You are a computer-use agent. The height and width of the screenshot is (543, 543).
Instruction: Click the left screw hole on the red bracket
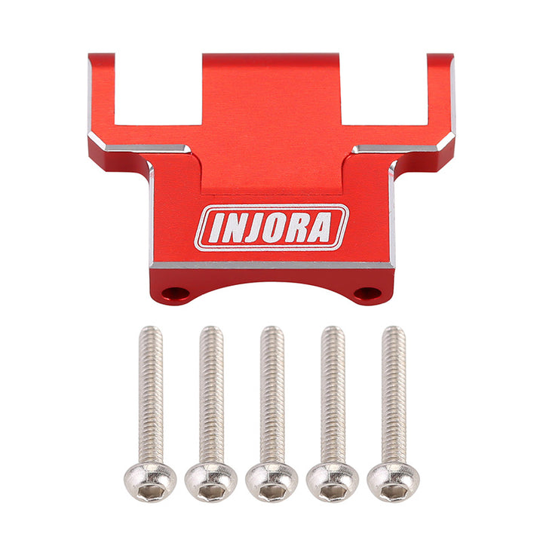(x=175, y=293)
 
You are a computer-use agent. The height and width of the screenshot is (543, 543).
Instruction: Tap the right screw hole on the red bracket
(x=367, y=293)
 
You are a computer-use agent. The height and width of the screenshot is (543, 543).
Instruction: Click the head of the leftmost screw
(x=150, y=482)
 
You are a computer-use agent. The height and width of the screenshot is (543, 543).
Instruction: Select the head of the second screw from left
(x=211, y=482)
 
